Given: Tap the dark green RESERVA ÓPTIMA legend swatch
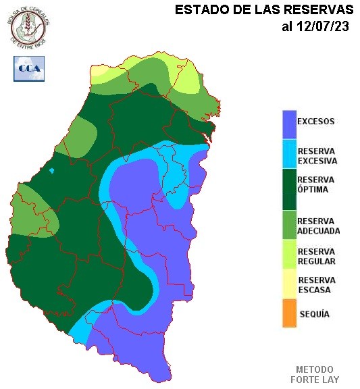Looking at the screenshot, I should click(289, 188).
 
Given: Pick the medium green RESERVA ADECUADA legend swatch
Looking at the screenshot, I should click(289, 224).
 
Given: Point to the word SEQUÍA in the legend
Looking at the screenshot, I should click(313, 314).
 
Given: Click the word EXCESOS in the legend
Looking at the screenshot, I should click(316, 122).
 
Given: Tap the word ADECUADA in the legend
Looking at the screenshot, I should click(318, 230).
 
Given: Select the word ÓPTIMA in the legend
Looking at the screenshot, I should click(313, 190).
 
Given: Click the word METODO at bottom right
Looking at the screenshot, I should click(315, 369).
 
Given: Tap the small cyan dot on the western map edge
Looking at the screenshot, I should click(52, 171).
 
